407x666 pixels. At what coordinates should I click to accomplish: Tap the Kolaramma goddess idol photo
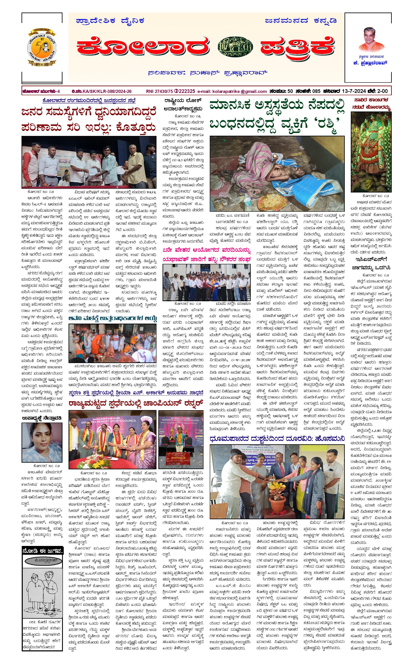371,152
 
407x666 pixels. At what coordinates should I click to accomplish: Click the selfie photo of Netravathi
42,442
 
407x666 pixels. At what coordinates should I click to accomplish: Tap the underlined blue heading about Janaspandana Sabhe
89,101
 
